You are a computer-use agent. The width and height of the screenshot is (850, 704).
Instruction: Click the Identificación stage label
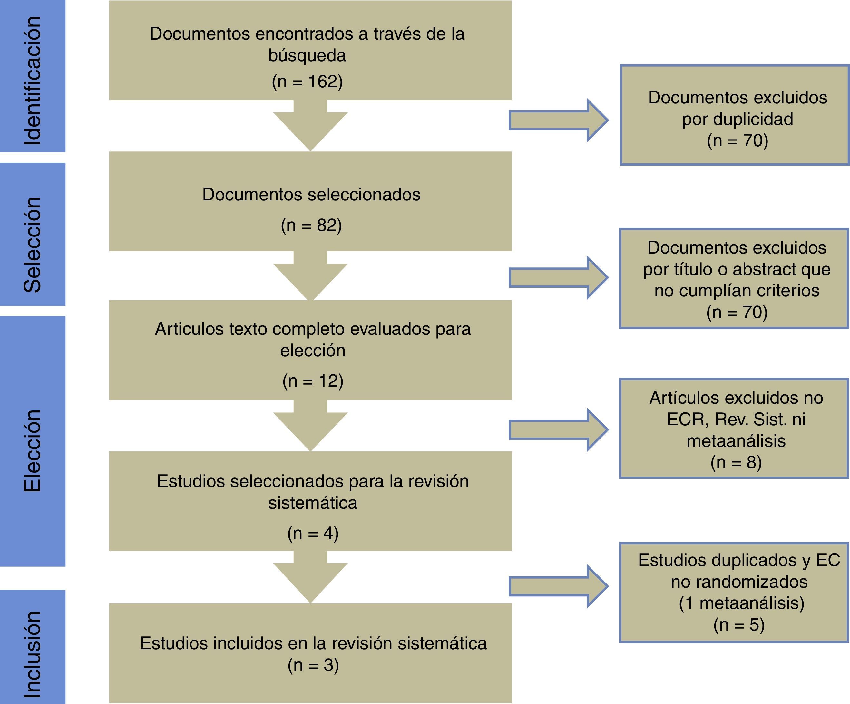pyautogui.click(x=32, y=81)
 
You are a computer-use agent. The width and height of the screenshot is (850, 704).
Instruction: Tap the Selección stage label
pyautogui.click(x=32, y=245)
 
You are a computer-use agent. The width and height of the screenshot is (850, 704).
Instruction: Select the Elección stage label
pyautogui.click(x=32, y=451)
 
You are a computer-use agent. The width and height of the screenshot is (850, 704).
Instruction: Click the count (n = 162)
pyautogui.click(x=307, y=82)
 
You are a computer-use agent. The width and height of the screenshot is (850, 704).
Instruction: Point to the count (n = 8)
pyautogui.click(x=736, y=462)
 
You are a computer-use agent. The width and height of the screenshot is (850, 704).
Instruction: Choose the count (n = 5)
pyautogui.click(x=739, y=625)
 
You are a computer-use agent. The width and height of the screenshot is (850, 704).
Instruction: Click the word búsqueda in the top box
pyautogui.click(x=307, y=55)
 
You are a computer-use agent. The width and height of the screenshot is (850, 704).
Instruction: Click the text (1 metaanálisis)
pyautogui.click(x=741, y=603)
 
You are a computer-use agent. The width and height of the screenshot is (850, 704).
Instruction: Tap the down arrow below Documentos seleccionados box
pyautogui.click(x=310, y=275)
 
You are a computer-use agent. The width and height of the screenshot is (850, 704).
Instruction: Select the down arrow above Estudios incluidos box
pyautogui.click(x=310, y=576)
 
